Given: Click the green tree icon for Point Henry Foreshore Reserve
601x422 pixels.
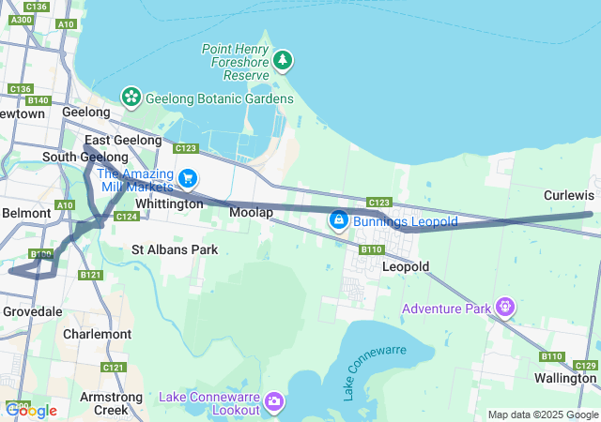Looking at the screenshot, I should pyautogui.click(x=283, y=62).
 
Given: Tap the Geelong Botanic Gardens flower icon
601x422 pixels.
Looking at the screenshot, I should pyautogui.click(x=131, y=96).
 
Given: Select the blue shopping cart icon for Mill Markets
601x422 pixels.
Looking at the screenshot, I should pyautogui.click(x=188, y=177).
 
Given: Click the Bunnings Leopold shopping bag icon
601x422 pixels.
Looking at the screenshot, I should pyautogui.click(x=337, y=221).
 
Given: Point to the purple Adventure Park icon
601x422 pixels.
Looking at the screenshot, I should pyautogui.click(x=506, y=308).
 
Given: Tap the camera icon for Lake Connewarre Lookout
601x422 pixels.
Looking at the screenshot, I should pyautogui.click(x=274, y=401).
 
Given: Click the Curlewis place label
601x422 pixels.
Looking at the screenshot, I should pyautogui.click(x=568, y=195).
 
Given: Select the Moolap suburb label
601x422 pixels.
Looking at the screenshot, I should pyautogui.click(x=251, y=214).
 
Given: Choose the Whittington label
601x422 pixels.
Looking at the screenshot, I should pyautogui.click(x=169, y=203).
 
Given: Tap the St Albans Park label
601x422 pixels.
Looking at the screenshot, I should pyautogui.click(x=175, y=249).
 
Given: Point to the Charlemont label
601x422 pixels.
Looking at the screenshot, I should pyautogui.click(x=97, y=334).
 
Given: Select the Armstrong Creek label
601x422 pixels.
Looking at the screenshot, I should pyautogui.click(x=111, y=403).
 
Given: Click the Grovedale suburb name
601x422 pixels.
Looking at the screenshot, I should pyautogui.click(x=32, y=310).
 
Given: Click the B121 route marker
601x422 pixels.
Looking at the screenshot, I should pyautogui.click(x=90, y=275).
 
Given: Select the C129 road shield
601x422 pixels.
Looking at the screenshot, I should pyautogui.click(x=585, y=365).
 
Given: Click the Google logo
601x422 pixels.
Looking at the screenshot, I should pyautogui.click(x=31, y=410).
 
